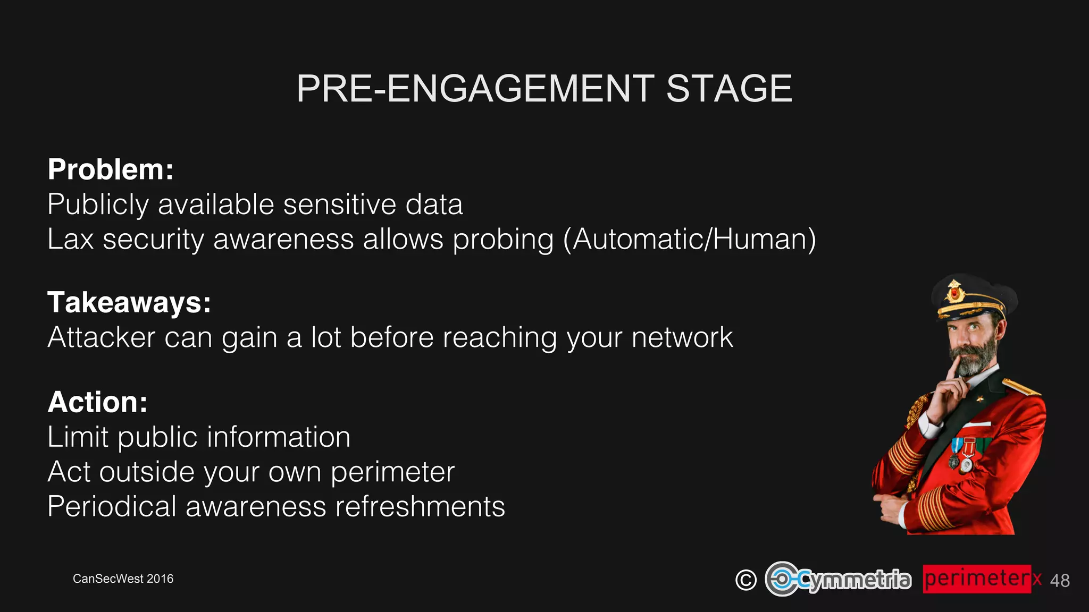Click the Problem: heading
[x=111, y=169]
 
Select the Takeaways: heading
[x=129, y=302]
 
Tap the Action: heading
[x=97, y=402]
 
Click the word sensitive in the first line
[x=340, y=205]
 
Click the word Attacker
[x=101, y=337]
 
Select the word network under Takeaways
[x=682, y=337]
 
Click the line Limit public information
[x=199, y=437]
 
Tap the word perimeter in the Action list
[x=392, y=472]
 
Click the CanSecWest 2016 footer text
[x=123, y=579]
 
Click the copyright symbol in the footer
[x=745, y=580]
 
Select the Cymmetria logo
[x=838, y=579]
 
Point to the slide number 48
[x=1059, y=581]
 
